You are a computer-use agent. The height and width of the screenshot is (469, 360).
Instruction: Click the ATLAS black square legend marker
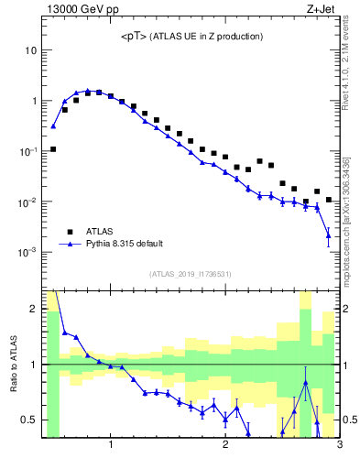(68, 232)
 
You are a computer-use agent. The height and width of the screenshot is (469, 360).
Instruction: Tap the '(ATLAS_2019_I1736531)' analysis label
(191, 273)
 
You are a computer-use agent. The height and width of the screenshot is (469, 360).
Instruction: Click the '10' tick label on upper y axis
(30, 50)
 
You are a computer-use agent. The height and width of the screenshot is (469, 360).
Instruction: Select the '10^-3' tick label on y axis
(28, 252)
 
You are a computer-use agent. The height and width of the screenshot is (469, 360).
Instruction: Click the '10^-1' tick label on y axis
(28, 151)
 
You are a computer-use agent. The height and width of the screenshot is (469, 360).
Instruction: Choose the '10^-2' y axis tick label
(28, 202)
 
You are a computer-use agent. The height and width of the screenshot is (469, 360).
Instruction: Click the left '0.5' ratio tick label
(29, 420)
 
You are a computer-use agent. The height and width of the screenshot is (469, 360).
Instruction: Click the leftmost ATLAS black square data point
(53, 148)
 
